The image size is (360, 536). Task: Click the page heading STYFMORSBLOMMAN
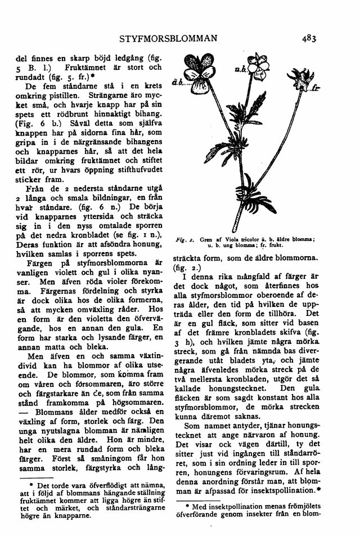click(x=168, y=39)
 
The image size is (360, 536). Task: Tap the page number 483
click(x=309, y=39)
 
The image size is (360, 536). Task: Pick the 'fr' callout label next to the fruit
click(x=316, y=88)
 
